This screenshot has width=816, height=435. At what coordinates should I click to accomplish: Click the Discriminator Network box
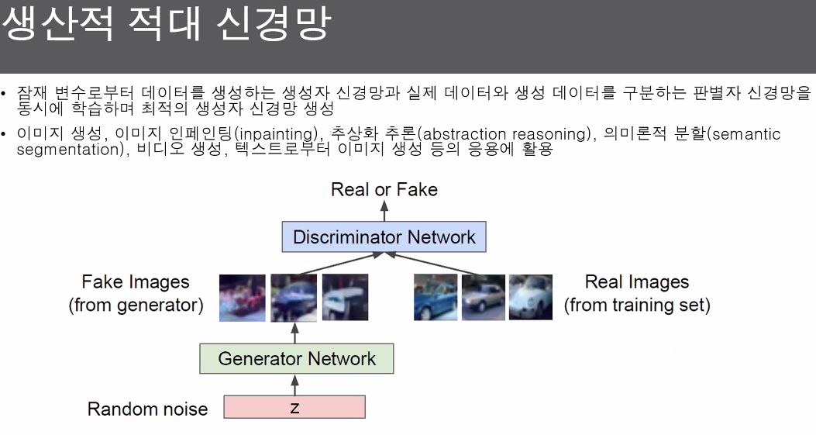pos(384,236)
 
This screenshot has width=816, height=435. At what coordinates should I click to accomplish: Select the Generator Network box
pos(296,359)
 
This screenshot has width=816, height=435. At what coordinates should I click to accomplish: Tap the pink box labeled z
pos(294,407)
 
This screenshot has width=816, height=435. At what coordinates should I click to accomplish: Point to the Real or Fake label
pos(384,190)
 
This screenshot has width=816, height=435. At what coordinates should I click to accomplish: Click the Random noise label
pos(147,409)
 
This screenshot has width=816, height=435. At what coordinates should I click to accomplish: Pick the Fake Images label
pos(136,281)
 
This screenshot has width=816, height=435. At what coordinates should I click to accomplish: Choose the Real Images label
pos(636,282)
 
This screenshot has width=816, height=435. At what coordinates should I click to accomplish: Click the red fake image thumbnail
pos(243,298)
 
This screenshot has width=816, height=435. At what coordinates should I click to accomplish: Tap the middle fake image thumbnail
pos(294,298)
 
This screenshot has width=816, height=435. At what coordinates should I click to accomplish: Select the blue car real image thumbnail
pos(436,298)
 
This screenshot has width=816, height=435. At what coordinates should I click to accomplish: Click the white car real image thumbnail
pos(531,298)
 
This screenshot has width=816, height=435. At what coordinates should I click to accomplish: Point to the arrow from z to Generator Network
pos(294,384)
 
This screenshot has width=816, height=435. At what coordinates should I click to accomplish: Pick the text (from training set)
pos(636,306)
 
